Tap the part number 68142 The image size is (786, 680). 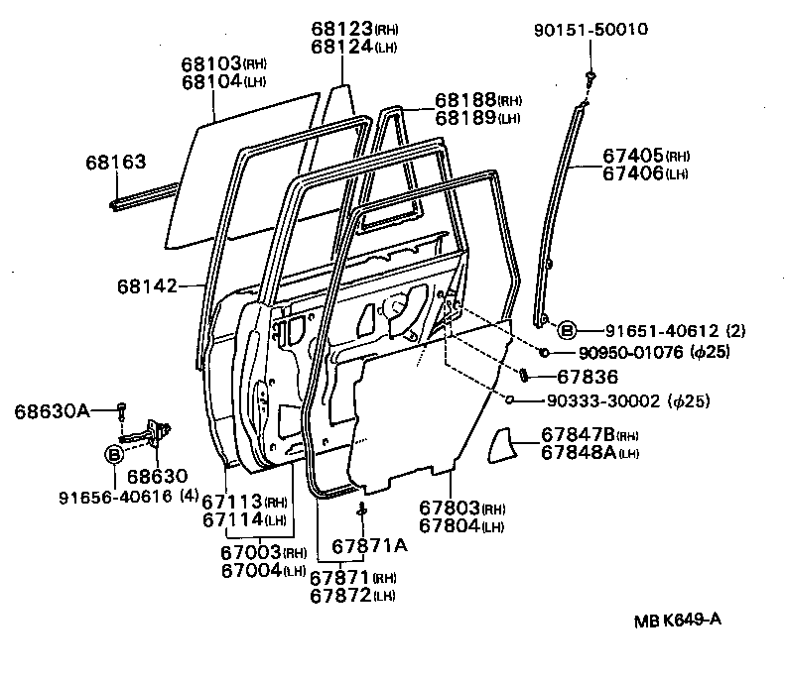point(145,286)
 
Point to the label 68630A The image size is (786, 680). point(53,409)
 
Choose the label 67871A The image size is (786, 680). point(369,546)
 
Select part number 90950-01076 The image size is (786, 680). point(617,353)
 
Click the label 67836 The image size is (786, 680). point(588,377)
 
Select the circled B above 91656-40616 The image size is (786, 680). point(115,455)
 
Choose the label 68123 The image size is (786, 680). point(340,30)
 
